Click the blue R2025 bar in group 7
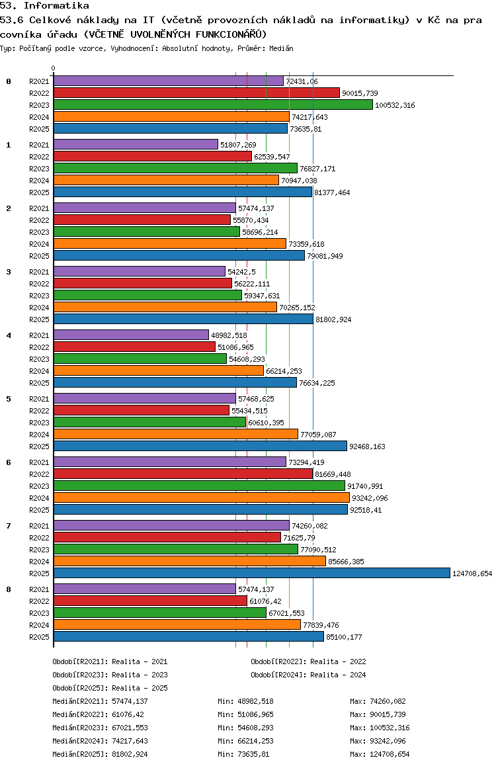251,573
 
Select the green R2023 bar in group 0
213,105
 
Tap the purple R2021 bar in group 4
131,335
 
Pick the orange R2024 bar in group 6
201,497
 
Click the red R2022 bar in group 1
152,156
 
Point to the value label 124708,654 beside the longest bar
472,574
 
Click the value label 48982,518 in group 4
229,335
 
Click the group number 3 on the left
9,272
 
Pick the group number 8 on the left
9,589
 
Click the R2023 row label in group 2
39,232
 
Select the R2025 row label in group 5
39,447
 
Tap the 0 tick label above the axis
54,68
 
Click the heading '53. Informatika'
45,5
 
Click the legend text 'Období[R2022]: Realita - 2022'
308,661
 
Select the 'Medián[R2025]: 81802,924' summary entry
100,754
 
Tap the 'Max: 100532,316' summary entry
380,728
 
